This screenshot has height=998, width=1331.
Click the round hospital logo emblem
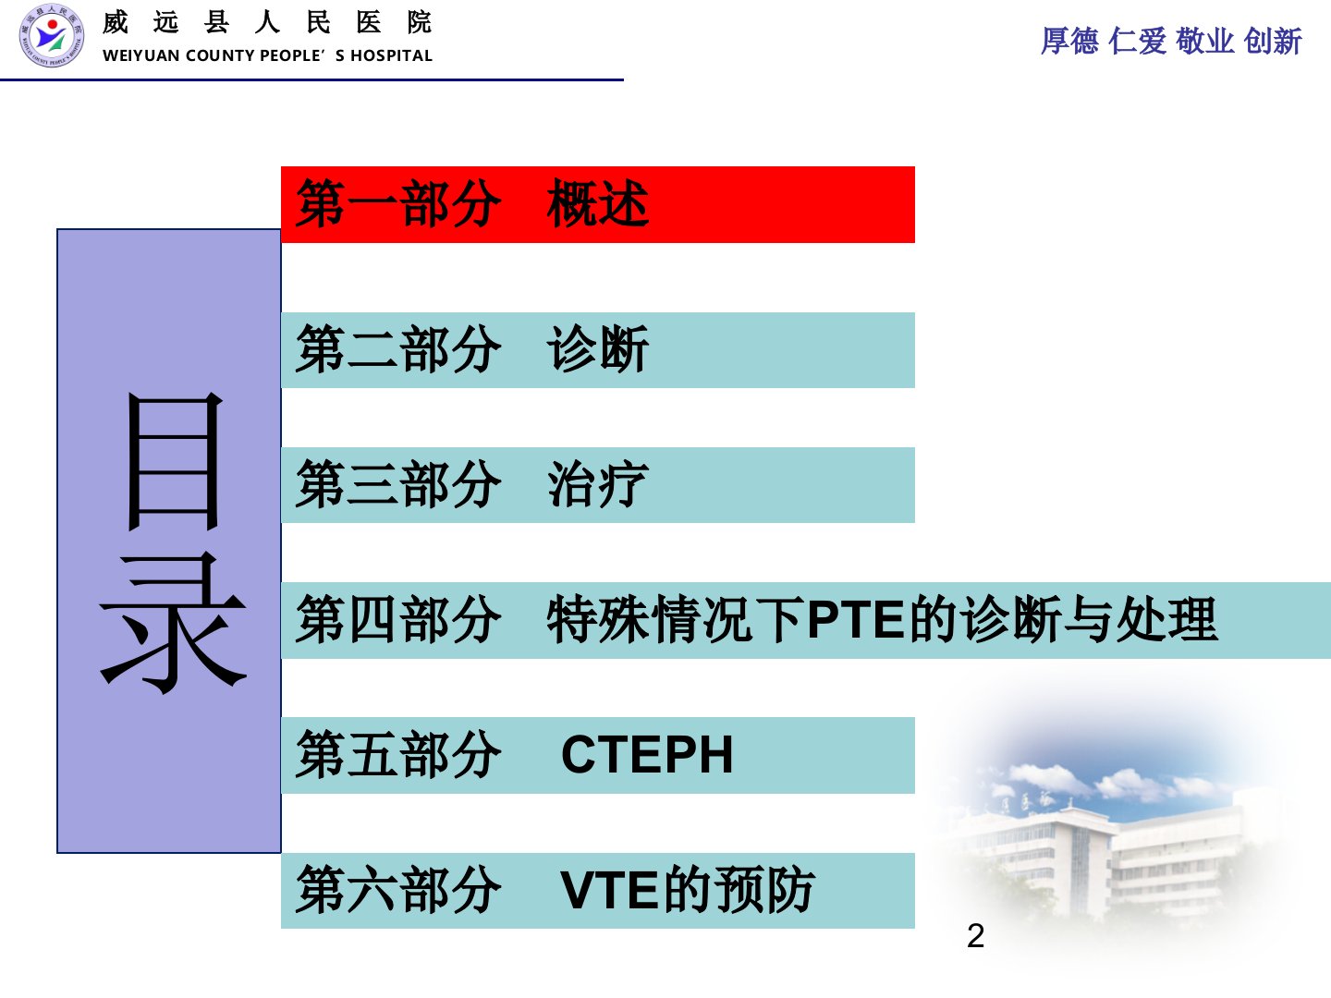point(52,35)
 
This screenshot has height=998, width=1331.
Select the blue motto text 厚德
point(1069,42)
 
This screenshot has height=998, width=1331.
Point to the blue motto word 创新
point(1273,42)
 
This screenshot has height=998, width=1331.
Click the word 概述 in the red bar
point(598,203)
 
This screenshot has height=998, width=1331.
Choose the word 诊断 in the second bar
point(598,348)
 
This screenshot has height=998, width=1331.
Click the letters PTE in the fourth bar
point(857,619)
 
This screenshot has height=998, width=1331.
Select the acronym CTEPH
point(648,755)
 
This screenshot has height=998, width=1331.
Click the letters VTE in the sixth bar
point(609,890)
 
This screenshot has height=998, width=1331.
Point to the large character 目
point(174,460)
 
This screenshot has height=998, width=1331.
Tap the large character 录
point(174,623)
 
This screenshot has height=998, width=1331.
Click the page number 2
point(976,936)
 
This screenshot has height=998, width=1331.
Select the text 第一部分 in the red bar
point(398,203)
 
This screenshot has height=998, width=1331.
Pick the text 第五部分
point(398,754)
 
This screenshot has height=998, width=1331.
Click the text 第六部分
point(398,890)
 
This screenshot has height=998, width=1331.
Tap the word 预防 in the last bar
point(764,890)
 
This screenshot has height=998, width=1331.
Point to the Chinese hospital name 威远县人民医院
point(267,23)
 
